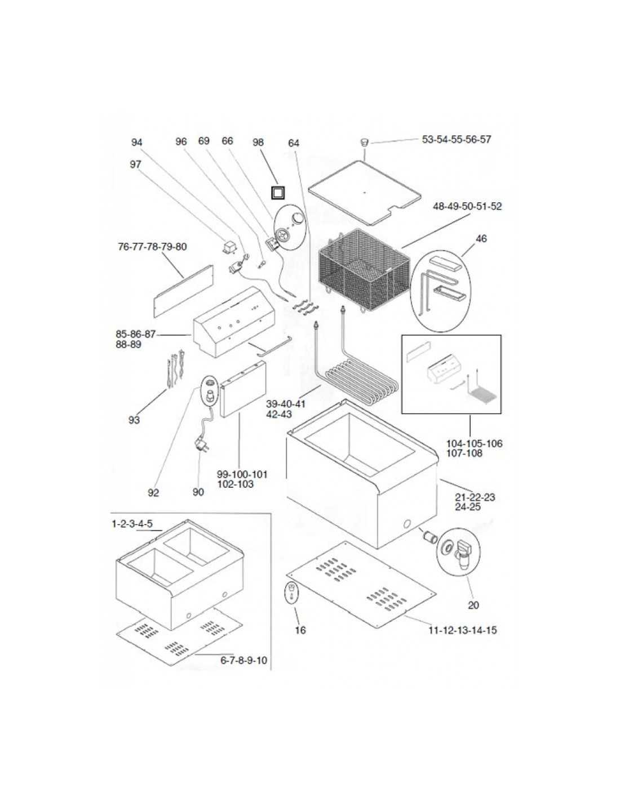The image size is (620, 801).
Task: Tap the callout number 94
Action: pyautogui.click(x=137, y=143)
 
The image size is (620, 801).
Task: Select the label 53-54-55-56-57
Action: pyautogui.click(x=456, y=139)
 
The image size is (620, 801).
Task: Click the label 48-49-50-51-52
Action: pyautogui.click(x=467, y=207)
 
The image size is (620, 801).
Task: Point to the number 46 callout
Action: pyautogui.click(x=481, y=239)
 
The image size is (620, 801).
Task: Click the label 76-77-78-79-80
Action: pyautogui.click(x=152, y=247)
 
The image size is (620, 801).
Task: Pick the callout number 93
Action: pyautogui.click(x=134, y=420)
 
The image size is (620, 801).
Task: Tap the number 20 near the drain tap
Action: pyautogui.click(x=473, y=605)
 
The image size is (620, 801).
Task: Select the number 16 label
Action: pyautogui.click(x=300, y=630)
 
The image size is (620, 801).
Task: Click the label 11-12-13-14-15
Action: pyautogui.click(x=463, y=630)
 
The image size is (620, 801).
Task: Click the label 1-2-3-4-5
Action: pyautogui.click(x=132, y=524)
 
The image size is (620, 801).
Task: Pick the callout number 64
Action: pyautogui.click(x=294, y=143)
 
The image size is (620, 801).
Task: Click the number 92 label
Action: pyautogui.click(x=153, y=493)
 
